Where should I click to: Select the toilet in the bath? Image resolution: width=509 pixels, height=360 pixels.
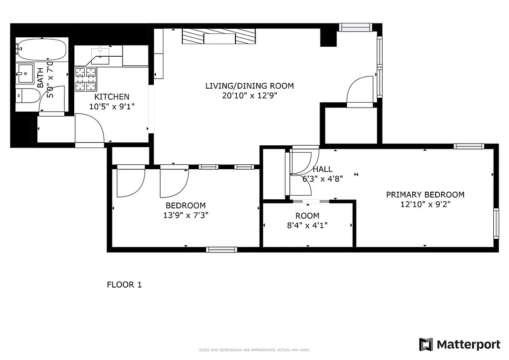(27, 96)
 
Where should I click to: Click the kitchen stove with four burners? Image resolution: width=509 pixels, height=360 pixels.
(86, 79)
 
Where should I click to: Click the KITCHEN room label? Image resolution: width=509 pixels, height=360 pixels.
(112, 97)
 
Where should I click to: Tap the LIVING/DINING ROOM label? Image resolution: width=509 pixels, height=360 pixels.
(249, 85)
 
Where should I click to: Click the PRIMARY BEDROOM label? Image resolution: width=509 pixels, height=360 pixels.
(425, 195)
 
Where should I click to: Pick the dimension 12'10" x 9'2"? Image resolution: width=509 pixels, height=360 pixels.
(425, 204)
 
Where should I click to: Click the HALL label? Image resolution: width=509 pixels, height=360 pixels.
(323, 169)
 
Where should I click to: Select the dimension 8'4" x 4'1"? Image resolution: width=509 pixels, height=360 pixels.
(307, 225)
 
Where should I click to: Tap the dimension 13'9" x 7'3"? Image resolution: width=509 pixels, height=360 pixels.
(185, 215)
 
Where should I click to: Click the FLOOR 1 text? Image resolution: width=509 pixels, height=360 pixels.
(124, 284)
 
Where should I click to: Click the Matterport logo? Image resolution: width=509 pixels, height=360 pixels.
(459, 345)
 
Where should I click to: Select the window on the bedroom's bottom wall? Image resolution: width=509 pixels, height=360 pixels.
(221, 249)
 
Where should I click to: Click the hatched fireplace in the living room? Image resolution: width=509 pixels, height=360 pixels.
(219, 36)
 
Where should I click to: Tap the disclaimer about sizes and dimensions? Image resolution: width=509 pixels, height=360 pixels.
(254, 350)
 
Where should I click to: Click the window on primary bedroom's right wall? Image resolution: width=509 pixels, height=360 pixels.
(496, 223)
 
